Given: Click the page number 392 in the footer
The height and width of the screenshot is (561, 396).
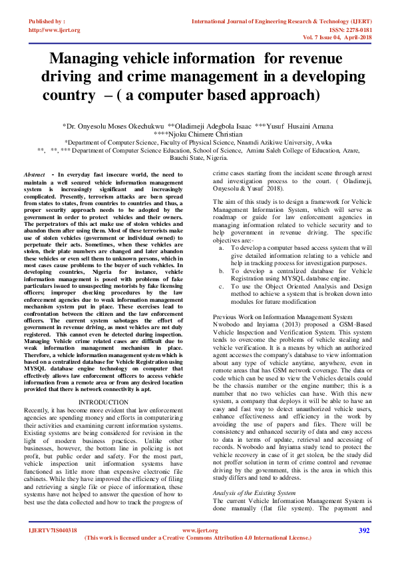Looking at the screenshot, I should click(364, 530).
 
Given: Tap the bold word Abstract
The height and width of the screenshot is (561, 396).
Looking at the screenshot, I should click(34, 174).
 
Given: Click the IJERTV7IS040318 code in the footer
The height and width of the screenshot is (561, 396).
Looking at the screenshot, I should click(53, 530).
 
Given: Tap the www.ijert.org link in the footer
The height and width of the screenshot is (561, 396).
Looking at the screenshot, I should click(200, 530).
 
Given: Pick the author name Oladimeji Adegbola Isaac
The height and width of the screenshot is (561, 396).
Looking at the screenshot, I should click(210, 125).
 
